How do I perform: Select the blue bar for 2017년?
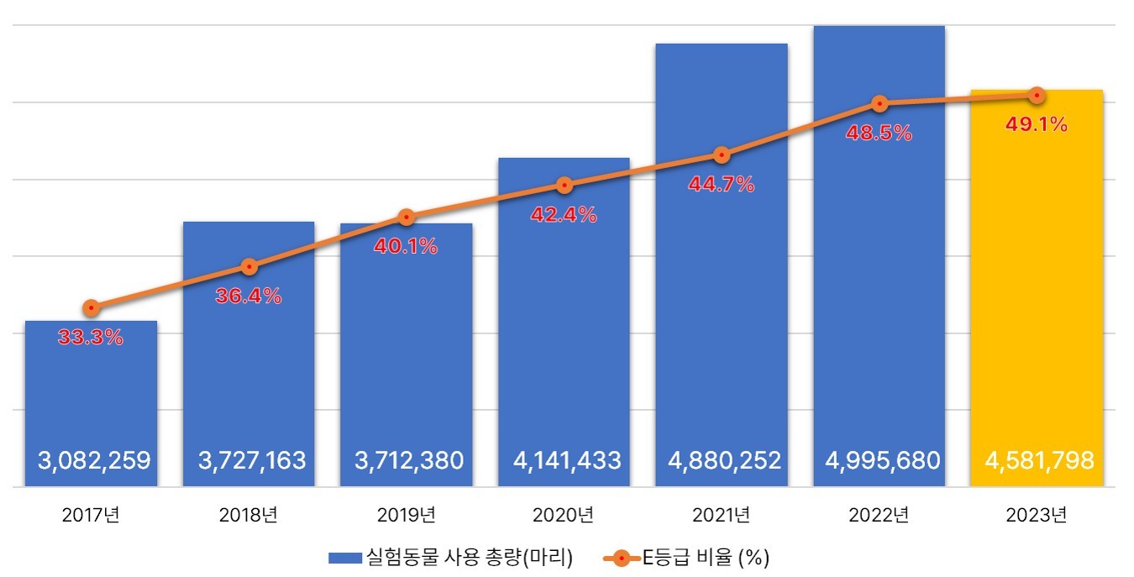(91, 395)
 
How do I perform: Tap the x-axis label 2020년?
(564, 515)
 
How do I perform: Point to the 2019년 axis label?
(406, 515)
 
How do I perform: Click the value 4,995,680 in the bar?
(879, 460)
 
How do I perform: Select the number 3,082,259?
(93, 460)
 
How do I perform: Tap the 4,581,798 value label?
(1037, 460)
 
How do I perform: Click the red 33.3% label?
(91, 338)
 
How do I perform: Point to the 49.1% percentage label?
(1036, 125)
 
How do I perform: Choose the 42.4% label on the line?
(564, 215)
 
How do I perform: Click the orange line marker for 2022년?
(879, 104)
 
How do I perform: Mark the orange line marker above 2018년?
(249, 267)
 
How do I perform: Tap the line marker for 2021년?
(722, 155)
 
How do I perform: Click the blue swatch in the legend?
(345, 558)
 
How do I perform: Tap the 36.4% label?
(249, 296)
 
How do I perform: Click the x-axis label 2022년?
(879, 515)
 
